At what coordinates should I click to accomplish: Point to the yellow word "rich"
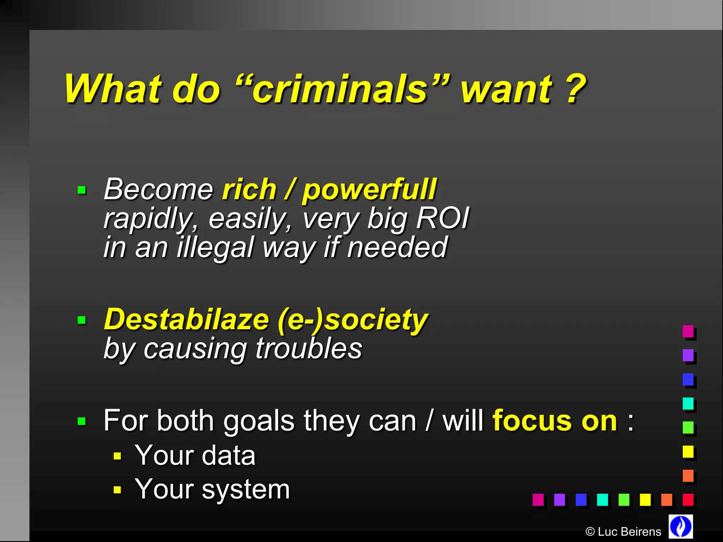click(x=249, y=189)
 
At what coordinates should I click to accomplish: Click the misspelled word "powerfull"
click(x=369, y=190)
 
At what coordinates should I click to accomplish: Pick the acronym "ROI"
click(x=443, y=218)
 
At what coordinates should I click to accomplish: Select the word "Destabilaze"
click(x=187, y=319)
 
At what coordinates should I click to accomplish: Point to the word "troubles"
click(x=309, y=348)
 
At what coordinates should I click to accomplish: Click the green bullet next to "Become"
click(x=82, y=191)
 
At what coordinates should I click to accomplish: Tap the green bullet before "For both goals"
click(x=82, y=421)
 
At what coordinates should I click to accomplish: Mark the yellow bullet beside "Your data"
click(x=118, y=456)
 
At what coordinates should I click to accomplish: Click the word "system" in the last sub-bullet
click(x=246, y=489)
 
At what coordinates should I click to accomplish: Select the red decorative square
click(x=688, y=500)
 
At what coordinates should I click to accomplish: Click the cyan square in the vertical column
click(x=688, y=403)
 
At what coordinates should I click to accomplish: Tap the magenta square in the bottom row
click(x=538, y=500)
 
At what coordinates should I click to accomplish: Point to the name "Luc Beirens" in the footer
click(x=629, y=532)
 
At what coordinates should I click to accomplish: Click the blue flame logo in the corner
click(x=681, y=526)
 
